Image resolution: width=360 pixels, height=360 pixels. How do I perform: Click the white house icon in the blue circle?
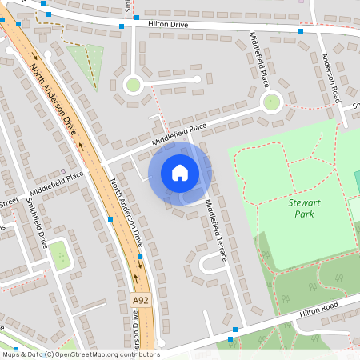tap(180, 173)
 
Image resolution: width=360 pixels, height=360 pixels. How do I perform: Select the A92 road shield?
tap(141, 300)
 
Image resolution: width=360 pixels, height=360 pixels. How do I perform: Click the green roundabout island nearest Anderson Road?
tap(272, 102)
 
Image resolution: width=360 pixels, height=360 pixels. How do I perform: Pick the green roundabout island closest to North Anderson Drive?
tap(133, 84)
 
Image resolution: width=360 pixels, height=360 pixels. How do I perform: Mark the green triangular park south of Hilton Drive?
tap(88, 59)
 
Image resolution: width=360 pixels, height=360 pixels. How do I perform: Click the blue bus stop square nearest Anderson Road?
tap(301, 31)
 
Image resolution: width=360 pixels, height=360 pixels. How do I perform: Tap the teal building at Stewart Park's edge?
tap(357, 181)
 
